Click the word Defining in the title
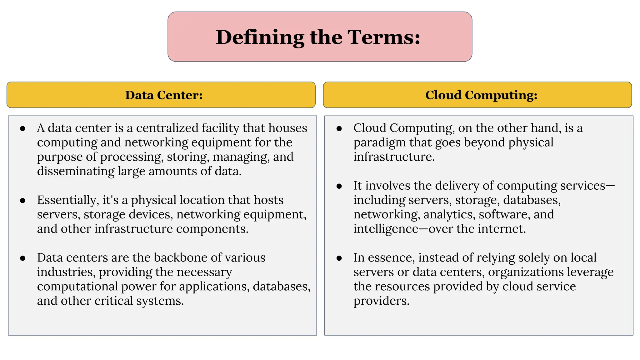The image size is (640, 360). pyautogui.click(x=260, y=37)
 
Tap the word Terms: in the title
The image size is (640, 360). pyautogui.click(x=384, y=37)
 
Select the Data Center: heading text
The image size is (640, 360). pyautogui.click(x=164, y=95)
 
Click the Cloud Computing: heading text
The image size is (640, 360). pyautogui.click(x=481, y=95)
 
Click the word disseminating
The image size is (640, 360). pyautogui.click(x=76, y=171)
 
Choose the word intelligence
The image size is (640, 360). pyautogui.click(x=386, y=229)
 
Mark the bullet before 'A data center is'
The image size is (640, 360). pyautogui.click(x=22, y=129)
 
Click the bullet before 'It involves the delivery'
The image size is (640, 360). pyautogui.click(x=339, y=186)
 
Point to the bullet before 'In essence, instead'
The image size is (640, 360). pyautogui.click(x=339, y=258)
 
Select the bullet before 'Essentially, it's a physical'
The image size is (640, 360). pyautogui.click(x=22, y=201)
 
